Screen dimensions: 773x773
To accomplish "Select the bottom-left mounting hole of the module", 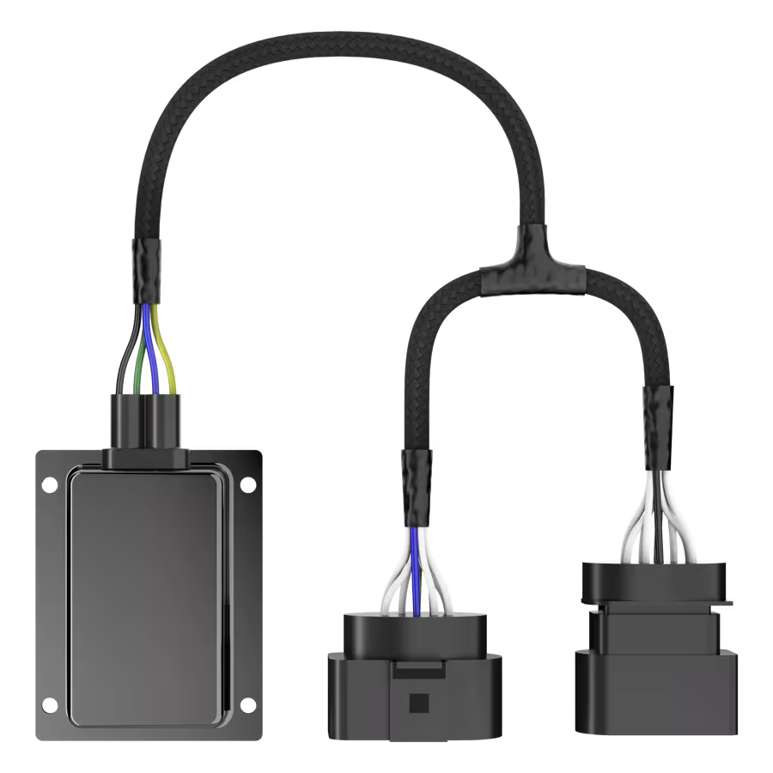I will (x=50, y=707).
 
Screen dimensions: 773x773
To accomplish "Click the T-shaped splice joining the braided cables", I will (x=533, y=266).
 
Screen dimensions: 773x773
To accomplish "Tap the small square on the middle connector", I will (x=418, y=701).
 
